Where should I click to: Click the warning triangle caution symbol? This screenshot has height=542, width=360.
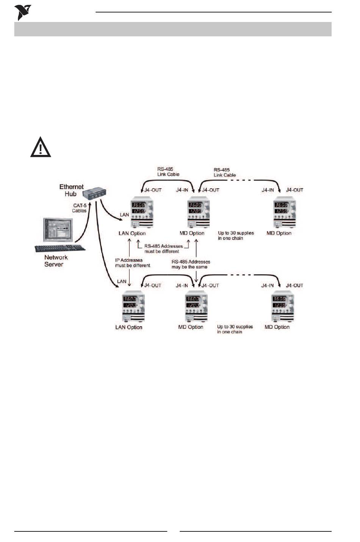pos(41,147)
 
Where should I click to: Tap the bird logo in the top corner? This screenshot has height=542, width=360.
pos(22,12)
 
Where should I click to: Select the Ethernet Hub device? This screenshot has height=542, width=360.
pos(94,193)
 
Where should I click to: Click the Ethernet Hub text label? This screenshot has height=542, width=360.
pos(71,190)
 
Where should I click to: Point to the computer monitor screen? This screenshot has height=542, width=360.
pos(58,230)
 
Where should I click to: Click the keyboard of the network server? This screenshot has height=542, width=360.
pos(60,248)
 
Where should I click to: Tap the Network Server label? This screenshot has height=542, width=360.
pos(56,261)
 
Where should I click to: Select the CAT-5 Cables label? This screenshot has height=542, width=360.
pos(80,208)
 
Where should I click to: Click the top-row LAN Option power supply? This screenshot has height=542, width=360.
pos(142,213)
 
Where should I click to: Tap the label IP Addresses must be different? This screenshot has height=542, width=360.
pos(133,262)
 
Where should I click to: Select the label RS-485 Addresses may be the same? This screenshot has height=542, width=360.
pos(191,264)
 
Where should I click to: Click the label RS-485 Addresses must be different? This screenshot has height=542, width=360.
pos(163,248)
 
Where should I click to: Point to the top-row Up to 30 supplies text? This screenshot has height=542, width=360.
pos(236,236)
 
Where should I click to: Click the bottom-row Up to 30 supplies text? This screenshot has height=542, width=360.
pos(235,329)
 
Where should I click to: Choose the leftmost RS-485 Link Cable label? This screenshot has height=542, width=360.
pos(168,172)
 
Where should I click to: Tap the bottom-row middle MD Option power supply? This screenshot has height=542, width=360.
pos(196,306)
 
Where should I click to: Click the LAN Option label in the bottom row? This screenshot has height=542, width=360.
pos(129,327)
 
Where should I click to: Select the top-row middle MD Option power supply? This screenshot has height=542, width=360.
pos(199,213)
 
